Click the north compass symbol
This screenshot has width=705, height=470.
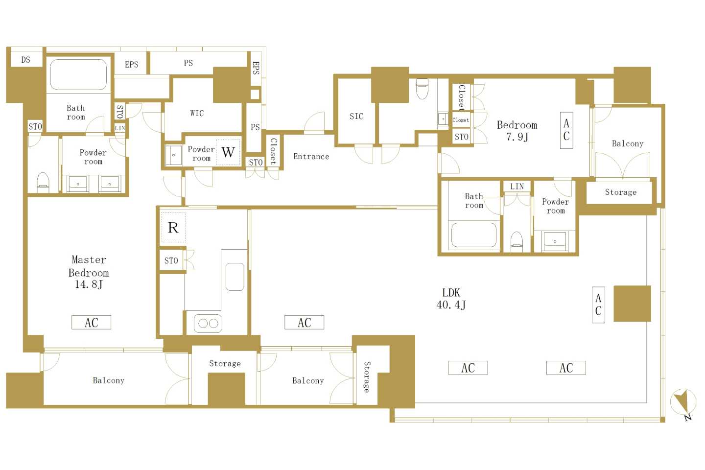(683, 403)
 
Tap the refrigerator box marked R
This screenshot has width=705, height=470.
(173, 227)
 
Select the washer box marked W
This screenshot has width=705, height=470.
(228, 152)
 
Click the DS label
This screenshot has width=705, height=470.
(26, 60)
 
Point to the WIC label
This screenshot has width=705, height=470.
(197, 113)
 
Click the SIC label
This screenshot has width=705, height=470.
(356, 117)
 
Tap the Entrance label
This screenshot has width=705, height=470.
(311, 157)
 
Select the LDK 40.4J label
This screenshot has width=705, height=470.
(451, 299)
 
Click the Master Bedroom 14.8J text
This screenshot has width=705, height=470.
(89, 272)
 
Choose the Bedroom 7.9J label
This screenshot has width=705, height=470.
(517, 131)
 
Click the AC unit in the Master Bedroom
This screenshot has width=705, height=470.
(91, 322)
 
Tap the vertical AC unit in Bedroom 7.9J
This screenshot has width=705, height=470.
(566, 130)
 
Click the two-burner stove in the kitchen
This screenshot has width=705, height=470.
(208, 323)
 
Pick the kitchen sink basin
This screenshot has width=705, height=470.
(235, 277)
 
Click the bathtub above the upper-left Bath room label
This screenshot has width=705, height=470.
(78, 74)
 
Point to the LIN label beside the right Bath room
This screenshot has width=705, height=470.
(517, 187)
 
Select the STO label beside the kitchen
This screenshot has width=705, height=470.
(171, 260)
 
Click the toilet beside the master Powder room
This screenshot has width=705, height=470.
(43, 182)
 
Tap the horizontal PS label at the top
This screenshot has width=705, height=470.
(188, 63)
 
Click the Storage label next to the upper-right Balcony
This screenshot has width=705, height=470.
(621, 192)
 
